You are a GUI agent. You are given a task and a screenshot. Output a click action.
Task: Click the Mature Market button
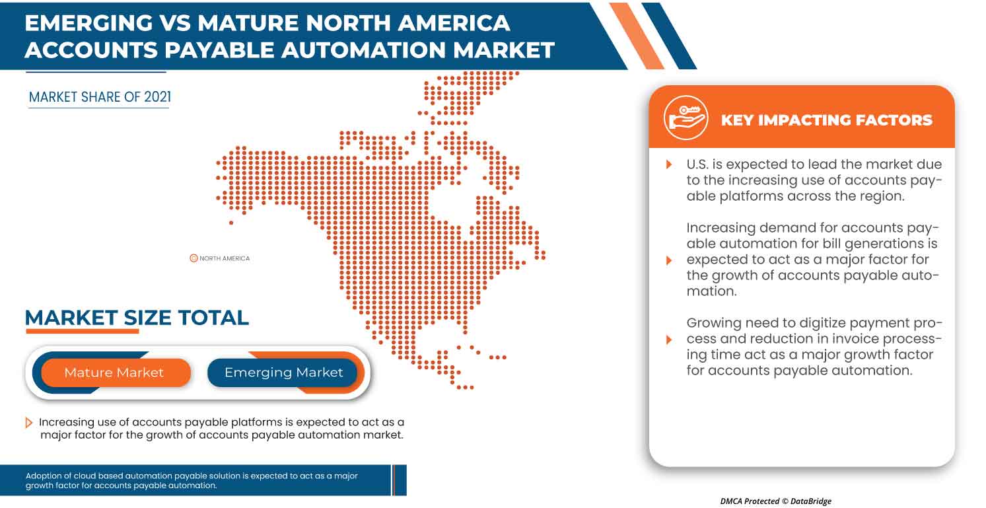114,373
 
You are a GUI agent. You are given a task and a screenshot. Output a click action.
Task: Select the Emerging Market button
284,373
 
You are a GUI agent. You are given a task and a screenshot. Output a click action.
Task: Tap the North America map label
225,258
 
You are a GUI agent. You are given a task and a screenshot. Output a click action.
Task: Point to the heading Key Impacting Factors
826,120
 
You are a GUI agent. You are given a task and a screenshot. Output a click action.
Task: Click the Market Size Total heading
137,318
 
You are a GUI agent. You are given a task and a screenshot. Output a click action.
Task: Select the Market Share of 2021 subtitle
100,98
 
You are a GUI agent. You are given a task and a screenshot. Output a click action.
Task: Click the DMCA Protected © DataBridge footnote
775,501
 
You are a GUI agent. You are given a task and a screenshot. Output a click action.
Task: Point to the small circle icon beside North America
194,258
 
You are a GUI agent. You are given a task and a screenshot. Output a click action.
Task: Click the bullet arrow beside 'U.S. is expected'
669,164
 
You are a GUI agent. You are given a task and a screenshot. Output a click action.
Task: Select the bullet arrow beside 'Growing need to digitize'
669,340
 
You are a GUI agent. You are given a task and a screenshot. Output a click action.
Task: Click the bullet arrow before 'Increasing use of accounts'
29,423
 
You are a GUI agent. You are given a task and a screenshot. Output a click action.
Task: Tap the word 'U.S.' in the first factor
699,164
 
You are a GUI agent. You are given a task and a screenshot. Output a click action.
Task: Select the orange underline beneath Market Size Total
82,331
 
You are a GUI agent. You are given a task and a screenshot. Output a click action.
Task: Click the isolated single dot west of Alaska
231,223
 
